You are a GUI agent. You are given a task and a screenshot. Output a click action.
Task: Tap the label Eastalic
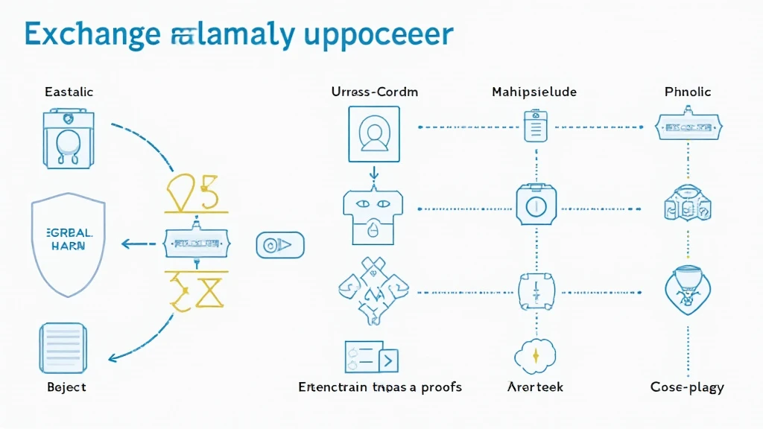pos(69,92)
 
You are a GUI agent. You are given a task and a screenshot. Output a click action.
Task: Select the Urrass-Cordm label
pos(374,92)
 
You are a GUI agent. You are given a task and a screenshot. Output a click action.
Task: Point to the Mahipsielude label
pos(534,92)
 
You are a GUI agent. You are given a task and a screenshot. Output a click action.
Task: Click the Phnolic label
pos(688,92)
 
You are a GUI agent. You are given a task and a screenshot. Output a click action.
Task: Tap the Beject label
pos(66,387)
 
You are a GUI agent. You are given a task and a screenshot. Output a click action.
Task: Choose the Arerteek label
pos(535,387)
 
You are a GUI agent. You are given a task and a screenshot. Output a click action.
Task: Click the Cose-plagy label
pos(687,387)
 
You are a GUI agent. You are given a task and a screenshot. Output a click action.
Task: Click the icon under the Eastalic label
pos(68,139)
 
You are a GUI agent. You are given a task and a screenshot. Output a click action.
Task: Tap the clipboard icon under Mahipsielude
pos(535,126)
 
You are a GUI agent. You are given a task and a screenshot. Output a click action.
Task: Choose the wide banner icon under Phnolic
pos(688,127)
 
